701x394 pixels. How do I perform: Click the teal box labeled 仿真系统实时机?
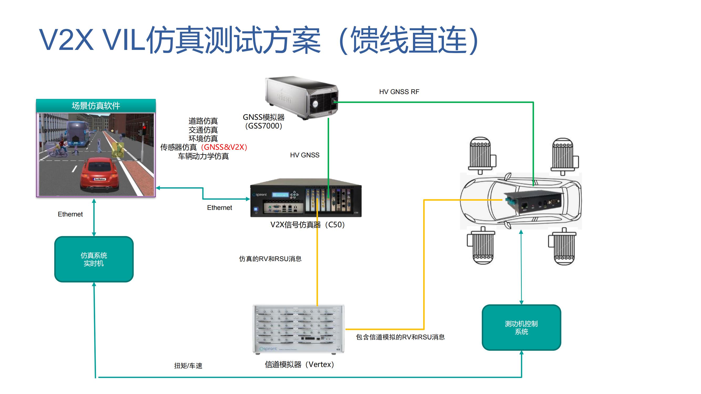click(x=94, y=259)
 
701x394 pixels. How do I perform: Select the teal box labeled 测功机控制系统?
click(x=521, y=327)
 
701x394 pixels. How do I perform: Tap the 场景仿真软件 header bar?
click(x=96, y=106)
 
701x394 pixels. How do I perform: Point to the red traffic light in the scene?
click(x=144, y=128)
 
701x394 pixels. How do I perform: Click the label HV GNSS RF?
click(x=399, y=92)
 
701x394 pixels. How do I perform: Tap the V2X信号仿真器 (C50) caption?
click(x=308, y=225)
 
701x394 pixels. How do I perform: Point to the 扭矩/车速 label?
click(x=188, y=366)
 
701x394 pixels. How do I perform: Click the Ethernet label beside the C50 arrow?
click(x=219, y=208)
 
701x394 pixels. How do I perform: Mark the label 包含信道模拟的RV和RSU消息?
click(x=400, y=337)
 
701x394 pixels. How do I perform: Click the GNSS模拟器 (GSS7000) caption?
click(x=263, y=122)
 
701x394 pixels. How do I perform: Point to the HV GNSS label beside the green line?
click(x=305, y=155)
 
